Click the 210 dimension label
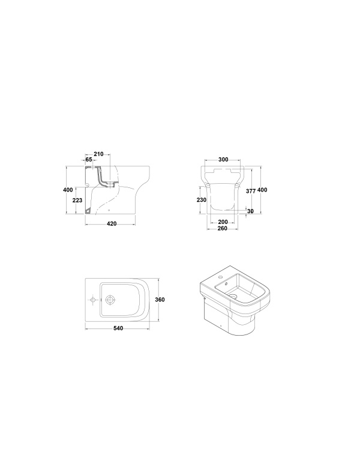(x=98, y=154)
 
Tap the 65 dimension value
(x=89, y=160)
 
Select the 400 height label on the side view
(x=68, y=190)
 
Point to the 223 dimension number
(x=77, y=201)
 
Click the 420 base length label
(x=112, y=224)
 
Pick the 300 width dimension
(x=223, y=160)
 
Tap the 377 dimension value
(x=251, y=192)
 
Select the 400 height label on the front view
(x=262, y=190)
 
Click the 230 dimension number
(x=202, y=200)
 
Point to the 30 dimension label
(x=250, y=211)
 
